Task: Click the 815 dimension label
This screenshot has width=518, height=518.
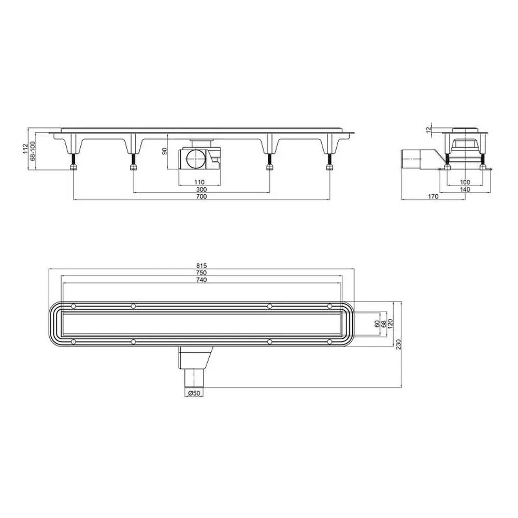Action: [x=201, y=266]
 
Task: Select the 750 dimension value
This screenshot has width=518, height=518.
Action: [x=201, y=273]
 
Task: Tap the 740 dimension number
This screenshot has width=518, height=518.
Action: [x=201, y=280]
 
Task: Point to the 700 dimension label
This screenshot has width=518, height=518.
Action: [x=201, y=196]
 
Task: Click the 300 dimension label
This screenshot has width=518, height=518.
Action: [x=201, y=189]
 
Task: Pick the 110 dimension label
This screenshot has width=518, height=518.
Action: [x=199, y=182]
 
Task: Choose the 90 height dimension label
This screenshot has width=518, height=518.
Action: [x=165, y=151]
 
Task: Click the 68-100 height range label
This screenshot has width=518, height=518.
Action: [x=33, y=151]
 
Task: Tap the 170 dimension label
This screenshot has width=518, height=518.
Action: [x=433, y=196]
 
